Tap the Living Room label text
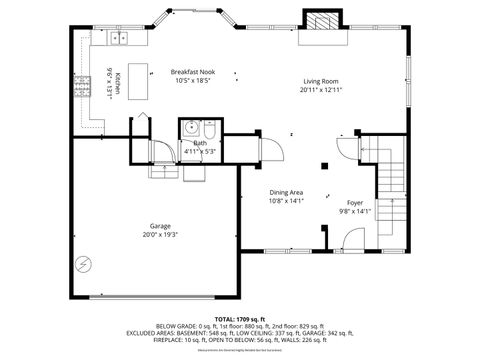pyautogui.click(x=320, y=82)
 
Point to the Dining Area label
pyautogui.click(x=286, y=192)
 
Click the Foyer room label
pyautogui.click(x=355, y=203)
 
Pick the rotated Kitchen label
pyautogui.click(x=118, y=84)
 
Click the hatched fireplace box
pyautogui.click(x=320, y=22)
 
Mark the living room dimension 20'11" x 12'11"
pyautogui.click(x=320, y=91)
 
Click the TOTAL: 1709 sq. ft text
pyautogui.click(x=239, y=317)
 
